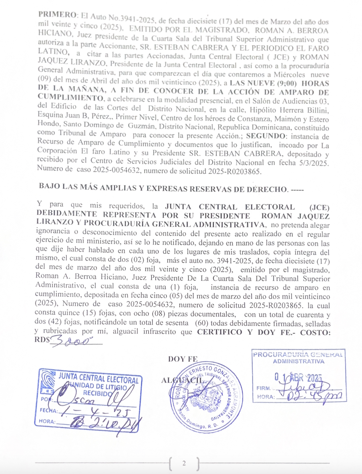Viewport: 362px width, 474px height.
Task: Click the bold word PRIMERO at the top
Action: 57,14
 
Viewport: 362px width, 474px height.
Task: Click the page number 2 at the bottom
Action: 184,463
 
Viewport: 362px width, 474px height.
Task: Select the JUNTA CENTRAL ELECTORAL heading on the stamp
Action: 98,378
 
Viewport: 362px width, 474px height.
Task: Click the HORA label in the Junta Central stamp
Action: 47,422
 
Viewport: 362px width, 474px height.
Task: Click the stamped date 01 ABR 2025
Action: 298,378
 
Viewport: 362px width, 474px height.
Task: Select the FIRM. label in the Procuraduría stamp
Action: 264,388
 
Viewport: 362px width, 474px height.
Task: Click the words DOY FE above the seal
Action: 183,359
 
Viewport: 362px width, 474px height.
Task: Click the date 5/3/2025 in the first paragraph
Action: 314,163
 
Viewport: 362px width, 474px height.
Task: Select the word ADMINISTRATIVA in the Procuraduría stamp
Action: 298,361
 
